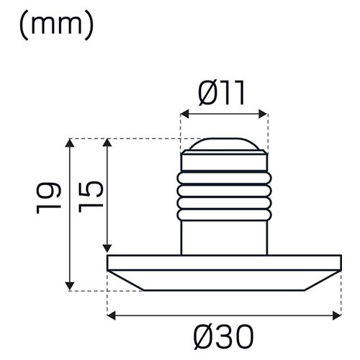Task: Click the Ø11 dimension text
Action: point(221,93)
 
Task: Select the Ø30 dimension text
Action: point(223,337)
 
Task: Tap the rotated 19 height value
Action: point(48,198)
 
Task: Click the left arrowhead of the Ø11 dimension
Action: point(184,114)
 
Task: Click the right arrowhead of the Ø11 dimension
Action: point(263,114)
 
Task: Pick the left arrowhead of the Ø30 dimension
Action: point(111,315)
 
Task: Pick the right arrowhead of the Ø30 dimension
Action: point(337,315)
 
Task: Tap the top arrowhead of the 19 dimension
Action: point(70,143)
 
